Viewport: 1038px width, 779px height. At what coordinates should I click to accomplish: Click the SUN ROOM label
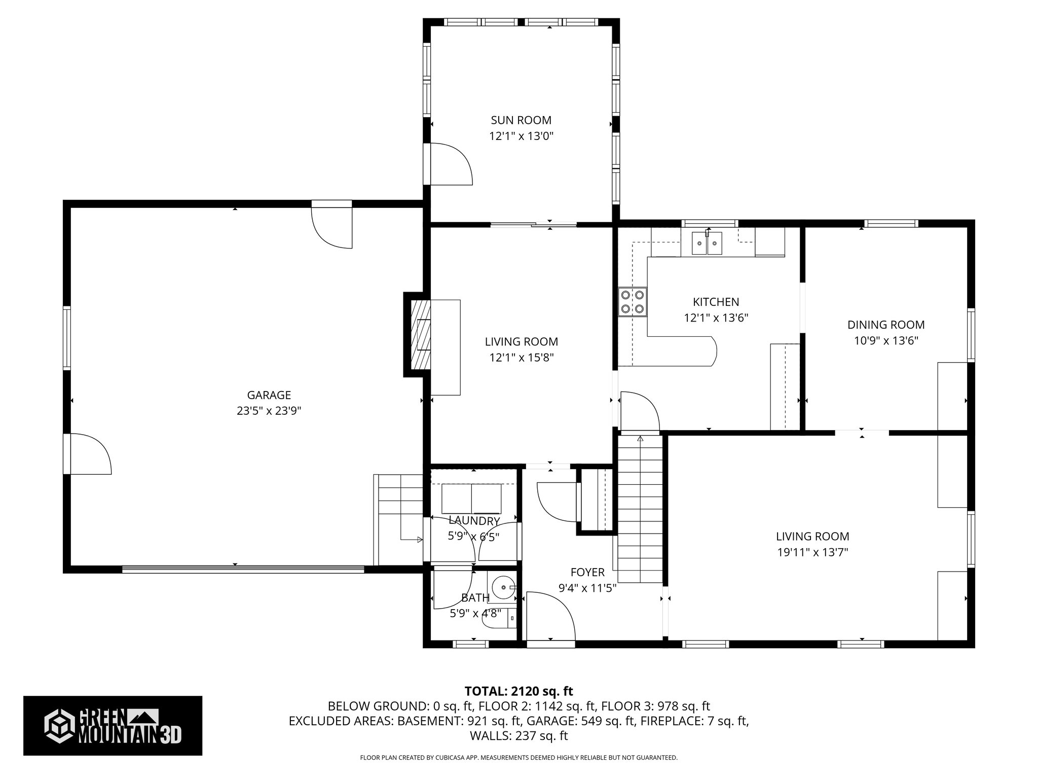tap(521, 120)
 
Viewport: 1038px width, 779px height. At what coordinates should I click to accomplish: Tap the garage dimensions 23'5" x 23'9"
tap(269, 410)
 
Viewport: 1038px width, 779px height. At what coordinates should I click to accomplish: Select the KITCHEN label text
tap(716, 302)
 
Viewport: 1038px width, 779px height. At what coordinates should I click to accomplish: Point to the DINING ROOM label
tap(886, 325)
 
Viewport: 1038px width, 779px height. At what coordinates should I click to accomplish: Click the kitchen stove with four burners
tap(633, 302)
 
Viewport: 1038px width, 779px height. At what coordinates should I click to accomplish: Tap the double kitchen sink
tap(708, 244)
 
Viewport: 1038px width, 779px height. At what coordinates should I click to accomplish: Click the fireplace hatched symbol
tap(420, 335)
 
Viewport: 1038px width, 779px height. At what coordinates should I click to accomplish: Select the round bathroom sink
tap(504, 587)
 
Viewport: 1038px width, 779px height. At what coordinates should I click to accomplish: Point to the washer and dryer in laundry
tap(471, 499)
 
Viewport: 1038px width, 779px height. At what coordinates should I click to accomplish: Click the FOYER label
tap(587, 572)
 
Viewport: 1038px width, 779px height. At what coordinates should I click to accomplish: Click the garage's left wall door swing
tap(91, 454)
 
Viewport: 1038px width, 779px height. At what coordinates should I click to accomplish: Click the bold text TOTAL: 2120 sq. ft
tap(519, 691)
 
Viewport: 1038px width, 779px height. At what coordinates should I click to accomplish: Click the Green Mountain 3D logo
tap(113, 726)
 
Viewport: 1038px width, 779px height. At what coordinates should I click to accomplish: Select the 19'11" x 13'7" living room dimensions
tap(812, 552)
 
